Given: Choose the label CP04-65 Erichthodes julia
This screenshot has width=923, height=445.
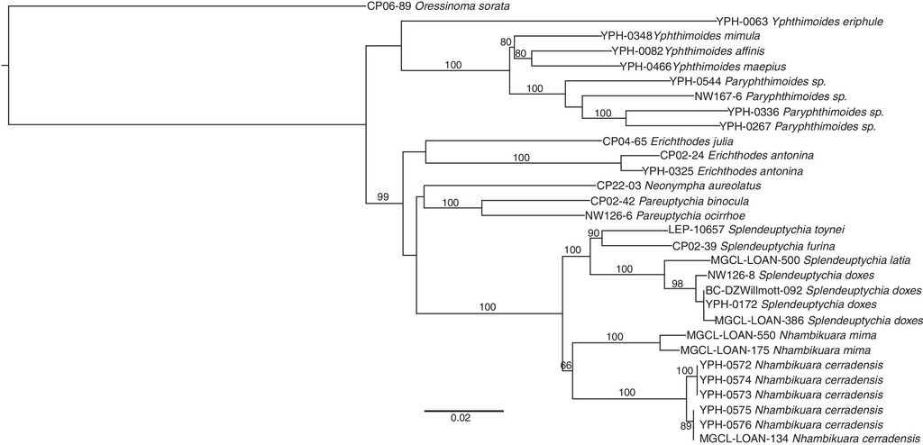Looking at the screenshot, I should click(x=666, y=141).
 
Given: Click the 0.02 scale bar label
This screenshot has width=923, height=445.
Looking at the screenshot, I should click(x=460, y=418).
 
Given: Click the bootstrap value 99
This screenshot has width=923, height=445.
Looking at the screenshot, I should click(x=383, y=196).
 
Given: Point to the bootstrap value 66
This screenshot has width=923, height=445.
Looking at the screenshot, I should click(x=566, y=366).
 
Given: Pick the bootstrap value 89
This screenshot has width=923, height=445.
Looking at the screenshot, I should click(x=686, y=425).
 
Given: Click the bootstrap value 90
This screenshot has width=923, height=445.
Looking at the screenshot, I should click(x=593, y=234).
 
